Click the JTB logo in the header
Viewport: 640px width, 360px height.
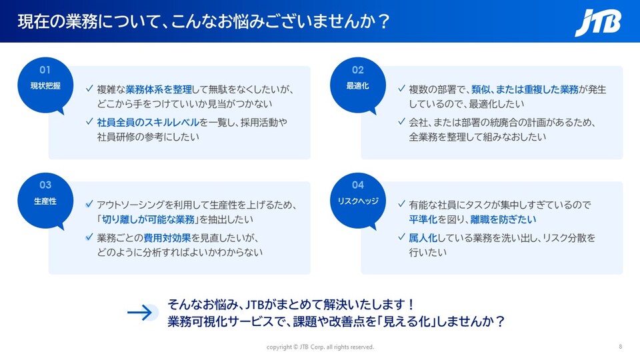coord(598,23)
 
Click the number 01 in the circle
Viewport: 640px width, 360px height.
coord(45,70)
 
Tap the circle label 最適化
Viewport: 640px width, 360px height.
coord(357,86)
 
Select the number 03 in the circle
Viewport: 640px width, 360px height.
coord(45,185)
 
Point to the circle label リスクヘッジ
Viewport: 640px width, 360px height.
coord(358,201)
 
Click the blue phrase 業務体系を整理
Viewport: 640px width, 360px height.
coord(159,89)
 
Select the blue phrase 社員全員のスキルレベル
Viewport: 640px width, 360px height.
coord(148,122)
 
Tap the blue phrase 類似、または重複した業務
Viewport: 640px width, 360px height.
coord(525,89)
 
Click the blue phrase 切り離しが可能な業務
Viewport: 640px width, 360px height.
coord(148,219)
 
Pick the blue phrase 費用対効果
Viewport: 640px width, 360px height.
coord(167,237)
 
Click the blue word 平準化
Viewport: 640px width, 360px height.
coord(423,219)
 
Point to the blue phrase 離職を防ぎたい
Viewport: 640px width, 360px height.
coord(503,219)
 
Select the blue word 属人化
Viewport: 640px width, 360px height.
coord(423,237)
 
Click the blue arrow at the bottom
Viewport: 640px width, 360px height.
coord(140,313)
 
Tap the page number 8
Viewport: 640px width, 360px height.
coord(621,347)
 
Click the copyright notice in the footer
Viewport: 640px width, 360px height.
coord(320,347)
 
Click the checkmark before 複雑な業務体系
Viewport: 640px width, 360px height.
coord(89,88)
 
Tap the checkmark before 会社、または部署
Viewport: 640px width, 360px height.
coord(401,121)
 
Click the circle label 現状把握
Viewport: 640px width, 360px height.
coord(45,86)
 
